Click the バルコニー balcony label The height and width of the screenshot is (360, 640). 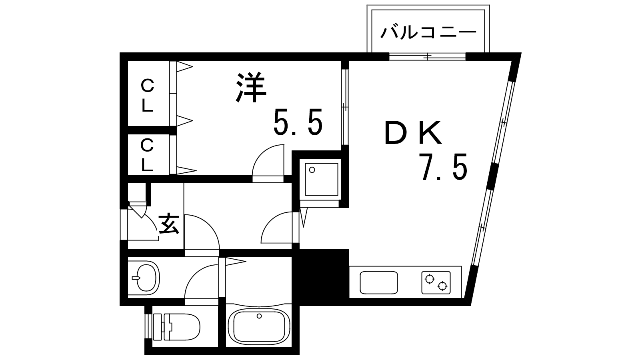[x=428, y=32]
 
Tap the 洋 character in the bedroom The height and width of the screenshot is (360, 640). [x=251, y=88]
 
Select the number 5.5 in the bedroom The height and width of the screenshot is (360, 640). [x=298, y=122]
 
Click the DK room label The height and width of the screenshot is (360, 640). [x=413, y=132]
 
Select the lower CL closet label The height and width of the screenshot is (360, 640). [x=147, y=155]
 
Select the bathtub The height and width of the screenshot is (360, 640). [x=259, y=326]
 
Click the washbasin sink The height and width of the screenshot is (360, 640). [x=146, y=278]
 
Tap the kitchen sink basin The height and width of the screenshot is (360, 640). [x=378, y=282]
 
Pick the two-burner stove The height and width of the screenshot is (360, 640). [x=436, y=282]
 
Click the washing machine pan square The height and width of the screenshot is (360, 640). [x=322, y=180]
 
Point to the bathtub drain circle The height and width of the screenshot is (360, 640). [x=259, y=316]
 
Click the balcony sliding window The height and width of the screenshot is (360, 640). [x=428, y=56]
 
